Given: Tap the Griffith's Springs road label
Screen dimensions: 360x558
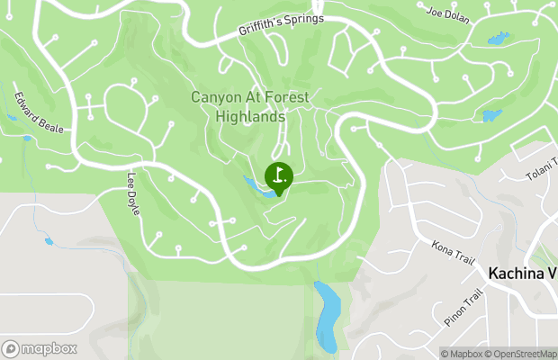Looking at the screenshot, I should tap(280, 26).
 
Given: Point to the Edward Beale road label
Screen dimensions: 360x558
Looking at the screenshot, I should tap(39, 112).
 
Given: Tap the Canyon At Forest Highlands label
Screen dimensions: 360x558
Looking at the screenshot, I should tap(250, 106).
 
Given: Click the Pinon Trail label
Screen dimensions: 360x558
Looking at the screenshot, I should tap(463, 308).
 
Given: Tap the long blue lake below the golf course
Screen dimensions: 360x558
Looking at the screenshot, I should tap(326, 314).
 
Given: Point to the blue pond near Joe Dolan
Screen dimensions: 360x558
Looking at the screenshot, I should tap(496, 39).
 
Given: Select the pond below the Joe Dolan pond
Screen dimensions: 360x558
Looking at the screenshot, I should tap(491, 115).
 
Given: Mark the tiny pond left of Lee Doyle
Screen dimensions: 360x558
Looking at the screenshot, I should tap(49, 241).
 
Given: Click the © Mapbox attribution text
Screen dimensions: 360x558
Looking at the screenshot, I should tap(461, 353).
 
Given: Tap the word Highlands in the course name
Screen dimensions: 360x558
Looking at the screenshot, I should tap(250, 116).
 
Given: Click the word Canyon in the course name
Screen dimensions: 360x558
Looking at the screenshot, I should tap(214, 96).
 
